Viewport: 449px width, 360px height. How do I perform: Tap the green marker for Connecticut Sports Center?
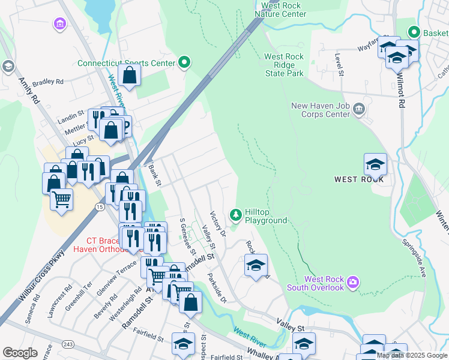(185, 62)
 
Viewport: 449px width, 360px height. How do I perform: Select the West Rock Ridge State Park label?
(285, 65)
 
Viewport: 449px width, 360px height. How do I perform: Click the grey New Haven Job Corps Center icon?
(359, 109)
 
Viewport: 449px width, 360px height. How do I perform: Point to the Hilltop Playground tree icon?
(236, 214)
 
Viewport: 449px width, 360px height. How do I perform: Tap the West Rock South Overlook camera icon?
(352, 281)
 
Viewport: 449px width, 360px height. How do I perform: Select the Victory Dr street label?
(217, 223)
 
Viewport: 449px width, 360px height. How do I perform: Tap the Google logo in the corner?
(20, 353)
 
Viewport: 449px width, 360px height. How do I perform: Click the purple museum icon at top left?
(59, 24)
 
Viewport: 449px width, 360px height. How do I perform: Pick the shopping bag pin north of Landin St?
(129, 75)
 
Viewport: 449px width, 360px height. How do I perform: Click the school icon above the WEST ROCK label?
(375, 164)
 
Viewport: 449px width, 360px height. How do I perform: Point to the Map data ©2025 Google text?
(412, 355)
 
